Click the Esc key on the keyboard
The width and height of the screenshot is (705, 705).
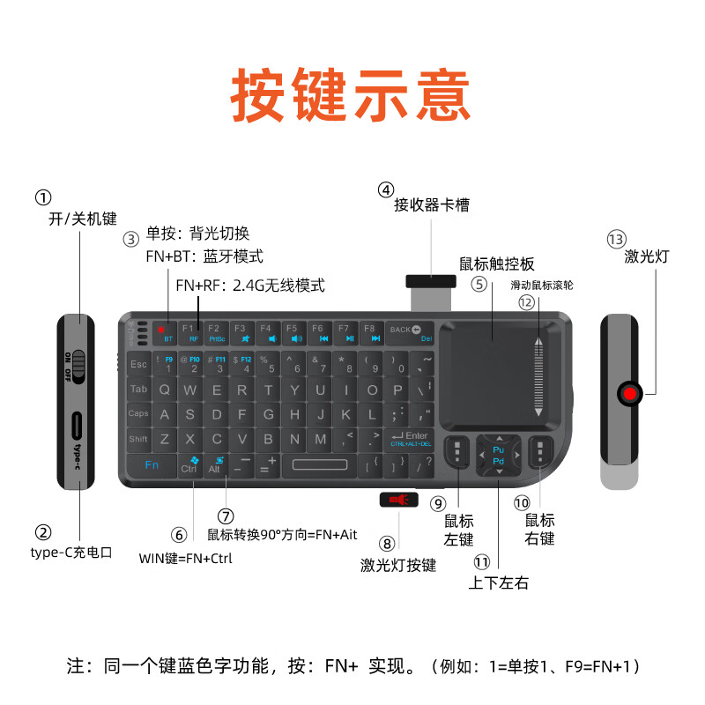(138, 364)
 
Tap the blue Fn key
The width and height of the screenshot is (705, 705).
(152, 464)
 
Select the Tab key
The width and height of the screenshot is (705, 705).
(139, 389)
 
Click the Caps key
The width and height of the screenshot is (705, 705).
(138, 413)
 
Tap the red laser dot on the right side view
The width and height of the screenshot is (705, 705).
(629, 392)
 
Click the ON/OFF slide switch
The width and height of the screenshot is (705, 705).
(78, 365)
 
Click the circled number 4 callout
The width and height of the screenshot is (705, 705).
(386, 189)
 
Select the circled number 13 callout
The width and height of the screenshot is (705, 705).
(616, 239)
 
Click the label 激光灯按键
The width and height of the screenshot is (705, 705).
(398, 565)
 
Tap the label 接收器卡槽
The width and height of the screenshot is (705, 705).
(432, 206)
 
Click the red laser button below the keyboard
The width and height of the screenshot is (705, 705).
(397, 501)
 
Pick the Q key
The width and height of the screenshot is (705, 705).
(165, 390)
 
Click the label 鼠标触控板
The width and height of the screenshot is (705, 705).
(497, 263)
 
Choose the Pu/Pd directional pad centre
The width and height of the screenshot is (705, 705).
(498, 455)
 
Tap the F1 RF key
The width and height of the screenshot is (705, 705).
(189, 332)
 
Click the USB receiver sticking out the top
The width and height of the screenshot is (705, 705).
(429, 282)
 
